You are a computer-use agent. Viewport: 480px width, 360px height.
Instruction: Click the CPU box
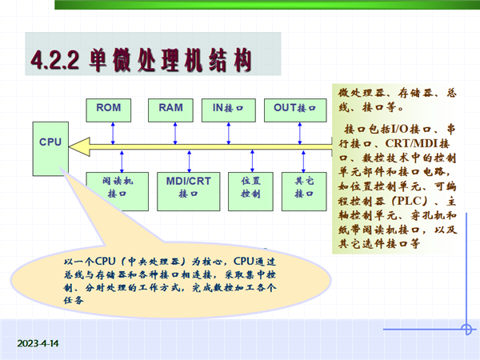[50, 149]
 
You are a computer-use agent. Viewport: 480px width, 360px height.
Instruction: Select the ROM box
[108, 110]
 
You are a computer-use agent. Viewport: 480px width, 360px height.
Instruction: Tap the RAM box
[170, 110]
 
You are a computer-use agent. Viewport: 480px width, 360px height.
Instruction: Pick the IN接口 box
[229, 110]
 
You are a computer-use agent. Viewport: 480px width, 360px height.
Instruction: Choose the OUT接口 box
[295, 110]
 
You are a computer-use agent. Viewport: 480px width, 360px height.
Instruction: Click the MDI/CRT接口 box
[189, 192]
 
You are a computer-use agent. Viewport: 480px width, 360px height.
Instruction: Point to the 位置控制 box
[250, 192]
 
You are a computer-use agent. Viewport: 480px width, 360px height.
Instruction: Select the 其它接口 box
[304, 192]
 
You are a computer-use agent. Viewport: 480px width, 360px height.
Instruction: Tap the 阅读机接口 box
[118, 192]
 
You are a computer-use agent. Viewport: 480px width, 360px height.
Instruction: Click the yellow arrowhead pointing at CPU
[79, 147]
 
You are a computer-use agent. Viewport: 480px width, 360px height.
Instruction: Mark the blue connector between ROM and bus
[113, 134]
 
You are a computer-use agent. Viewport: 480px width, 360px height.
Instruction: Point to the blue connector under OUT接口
[300, 134]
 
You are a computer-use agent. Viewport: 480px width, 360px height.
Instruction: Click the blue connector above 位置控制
[252, 161]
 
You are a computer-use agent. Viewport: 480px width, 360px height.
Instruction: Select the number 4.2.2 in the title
[55, 60]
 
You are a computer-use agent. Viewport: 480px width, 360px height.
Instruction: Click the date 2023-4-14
[38, 343]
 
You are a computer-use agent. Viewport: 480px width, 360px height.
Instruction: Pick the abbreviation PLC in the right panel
[410, 201]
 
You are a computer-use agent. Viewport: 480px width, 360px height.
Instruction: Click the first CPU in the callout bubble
[106, 261]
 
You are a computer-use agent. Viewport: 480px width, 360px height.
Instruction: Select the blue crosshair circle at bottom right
[466, 330]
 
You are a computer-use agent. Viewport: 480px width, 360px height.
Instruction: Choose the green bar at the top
[267, 5]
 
